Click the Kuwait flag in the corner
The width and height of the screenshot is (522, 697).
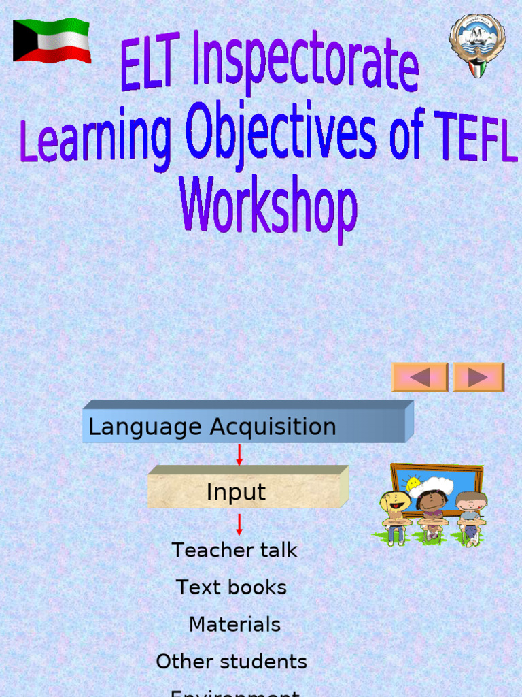[x=52, y=41]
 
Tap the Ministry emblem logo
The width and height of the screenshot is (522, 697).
[x=477, y=44]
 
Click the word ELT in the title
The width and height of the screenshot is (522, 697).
[x=153, y=60]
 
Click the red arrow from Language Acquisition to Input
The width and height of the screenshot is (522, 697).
[x=239, y=455]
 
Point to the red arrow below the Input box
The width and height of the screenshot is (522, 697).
[x=239, y=524]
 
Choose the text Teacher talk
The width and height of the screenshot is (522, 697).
[x=234, y=550]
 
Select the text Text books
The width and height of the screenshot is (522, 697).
[x=231, y=587]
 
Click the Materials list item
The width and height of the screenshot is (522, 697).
[x=234, y=624]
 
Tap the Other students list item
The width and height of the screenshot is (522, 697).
[x=231, y=662]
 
